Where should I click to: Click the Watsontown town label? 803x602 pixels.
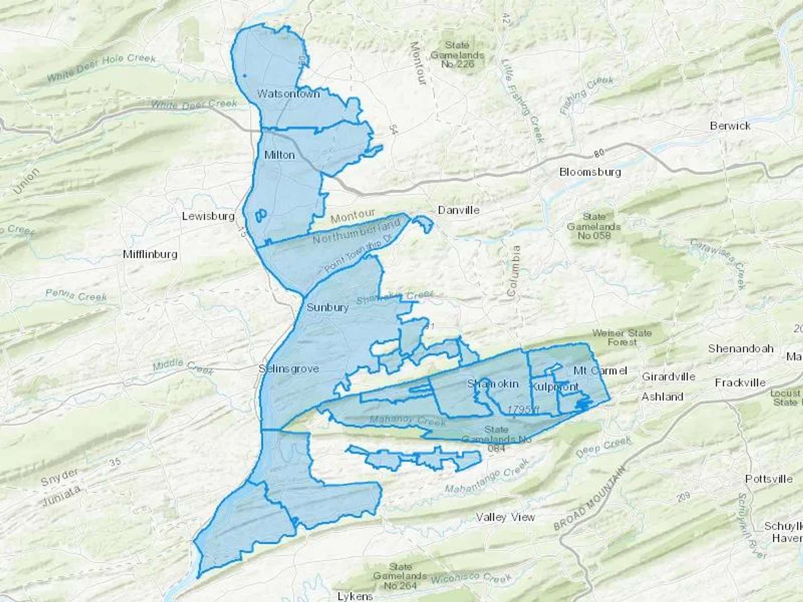click(x=288, y=94)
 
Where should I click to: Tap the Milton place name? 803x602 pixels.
click(x=279, y=155)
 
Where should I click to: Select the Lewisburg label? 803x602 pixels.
click(x=208, y=216)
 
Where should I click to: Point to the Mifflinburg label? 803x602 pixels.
click(x=150, y=254)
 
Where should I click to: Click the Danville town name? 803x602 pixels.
click(x=459, y=210)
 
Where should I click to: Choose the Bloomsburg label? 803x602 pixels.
click(x=590, y=172)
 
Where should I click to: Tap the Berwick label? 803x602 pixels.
click(x=730, y=126)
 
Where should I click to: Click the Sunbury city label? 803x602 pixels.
click(x=327, y=307)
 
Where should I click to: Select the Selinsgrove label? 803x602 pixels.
click(x=289, y=369)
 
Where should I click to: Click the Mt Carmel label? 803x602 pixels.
click(x=600, y=370)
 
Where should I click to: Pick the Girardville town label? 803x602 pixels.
click(x=668, y=377)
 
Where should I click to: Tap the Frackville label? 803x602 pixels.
click(x=740, y=383)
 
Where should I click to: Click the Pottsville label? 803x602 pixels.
click(x=769, y=479)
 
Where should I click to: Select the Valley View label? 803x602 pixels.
click(x=505, y=517)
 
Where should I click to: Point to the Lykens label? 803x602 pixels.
click(x=355, y=596)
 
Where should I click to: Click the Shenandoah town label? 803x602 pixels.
click(x=741, y=348)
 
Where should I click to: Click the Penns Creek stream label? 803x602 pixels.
click(x=76, y=295)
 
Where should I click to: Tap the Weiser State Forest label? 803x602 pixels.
click(x=622, y=338)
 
